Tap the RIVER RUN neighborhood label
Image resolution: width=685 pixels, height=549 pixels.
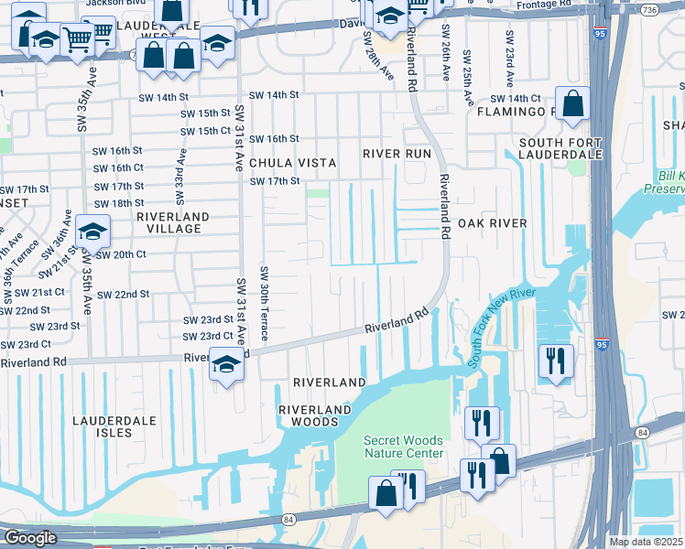tap(396, 154)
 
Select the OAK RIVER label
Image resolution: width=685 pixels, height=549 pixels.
tap(492, 223)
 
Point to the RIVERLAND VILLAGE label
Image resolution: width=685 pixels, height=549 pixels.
tap(172, 224)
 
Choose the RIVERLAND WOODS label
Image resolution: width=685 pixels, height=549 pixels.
tap(315, 415)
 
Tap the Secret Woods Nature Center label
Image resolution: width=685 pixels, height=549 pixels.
tap(404, 447)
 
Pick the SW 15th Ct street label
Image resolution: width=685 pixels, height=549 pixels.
tap(206, 131)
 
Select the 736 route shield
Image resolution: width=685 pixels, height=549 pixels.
tap(675, 9)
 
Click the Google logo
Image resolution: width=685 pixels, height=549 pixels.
tap(30, 538)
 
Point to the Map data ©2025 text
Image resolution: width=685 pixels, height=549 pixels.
tap(646, 542)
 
